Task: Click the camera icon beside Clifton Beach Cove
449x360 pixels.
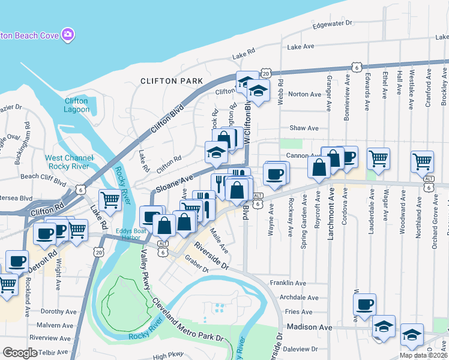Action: coord(68,35)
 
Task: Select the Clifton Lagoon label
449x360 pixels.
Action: coord(76,105)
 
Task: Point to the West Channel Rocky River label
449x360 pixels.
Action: coord(68,162)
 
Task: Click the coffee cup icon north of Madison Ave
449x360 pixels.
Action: coord(364,304)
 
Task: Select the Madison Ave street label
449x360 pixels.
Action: coord(309,327)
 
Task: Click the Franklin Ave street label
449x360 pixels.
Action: coord(288,283)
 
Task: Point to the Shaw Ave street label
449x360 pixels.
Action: coord(304,128)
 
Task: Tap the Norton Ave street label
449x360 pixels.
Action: coord(305,94)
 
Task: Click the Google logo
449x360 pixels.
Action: coord(20,352)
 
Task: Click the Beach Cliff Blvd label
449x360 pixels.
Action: coord(43,177)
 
